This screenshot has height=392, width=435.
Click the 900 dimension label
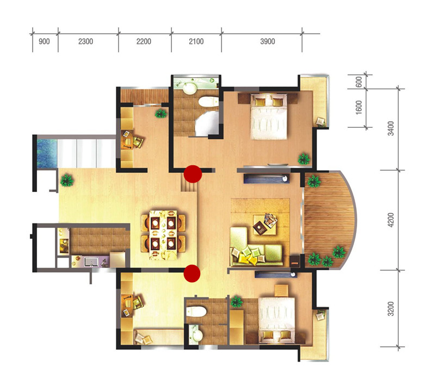pos(44,42)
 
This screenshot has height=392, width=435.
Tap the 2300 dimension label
pos(85,42)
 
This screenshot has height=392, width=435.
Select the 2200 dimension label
pos(144,42)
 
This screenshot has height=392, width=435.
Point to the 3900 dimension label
pos(268,42)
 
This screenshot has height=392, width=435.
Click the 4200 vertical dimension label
pos(390,220)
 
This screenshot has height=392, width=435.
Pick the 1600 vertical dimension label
pos(359,107)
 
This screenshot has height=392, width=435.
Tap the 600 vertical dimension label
pos(359,82)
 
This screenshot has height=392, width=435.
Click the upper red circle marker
pos(193,174)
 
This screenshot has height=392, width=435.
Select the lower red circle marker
pos(192,273)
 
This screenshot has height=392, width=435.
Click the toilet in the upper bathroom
pos(209,102)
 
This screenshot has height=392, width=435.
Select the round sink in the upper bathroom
pos(190,89)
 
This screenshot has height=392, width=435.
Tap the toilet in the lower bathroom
pos(196,312)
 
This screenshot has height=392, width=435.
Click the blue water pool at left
pos(47,153)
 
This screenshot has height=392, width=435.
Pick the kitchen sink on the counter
pos(90,262)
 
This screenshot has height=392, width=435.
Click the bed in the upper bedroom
pos(269,116)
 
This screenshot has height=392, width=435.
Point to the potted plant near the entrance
pos(67,181)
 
